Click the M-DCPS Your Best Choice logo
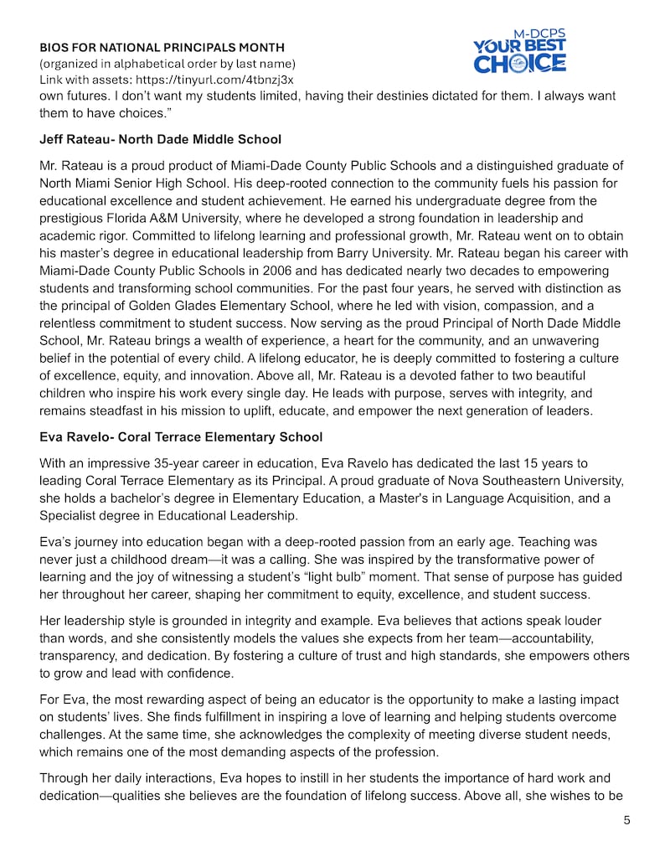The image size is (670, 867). [x=519, y=52]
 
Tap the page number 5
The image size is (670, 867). [x=626, y=821]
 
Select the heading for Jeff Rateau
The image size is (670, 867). [x=160, y=139]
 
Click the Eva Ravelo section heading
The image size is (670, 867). [x=180, y=437]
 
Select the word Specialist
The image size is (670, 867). [x=72, y=516]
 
